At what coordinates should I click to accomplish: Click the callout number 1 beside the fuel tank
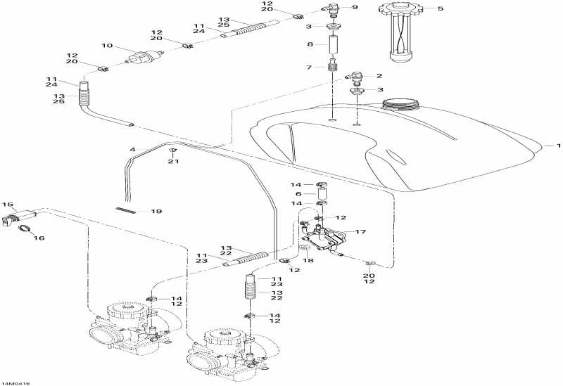click(x=558, y=146)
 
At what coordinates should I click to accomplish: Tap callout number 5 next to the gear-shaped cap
click(x=441, y=8)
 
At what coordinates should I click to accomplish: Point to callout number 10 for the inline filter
click(x=107, y=46)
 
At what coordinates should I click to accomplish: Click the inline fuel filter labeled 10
click(x=144, y=58)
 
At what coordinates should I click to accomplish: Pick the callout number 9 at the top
click(x=355, y=7)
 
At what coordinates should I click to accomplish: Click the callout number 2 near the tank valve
click(x=379, y=76)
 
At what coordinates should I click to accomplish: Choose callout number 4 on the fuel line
click(x=132, y=149)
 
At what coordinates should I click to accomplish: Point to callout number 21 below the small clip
click(x=173, y=162)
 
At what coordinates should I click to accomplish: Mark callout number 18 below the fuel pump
click(x=308, y=260)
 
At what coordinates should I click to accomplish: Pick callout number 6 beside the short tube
click(x=298, y=194)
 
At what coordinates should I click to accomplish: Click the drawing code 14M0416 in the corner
click(x=15, y=383)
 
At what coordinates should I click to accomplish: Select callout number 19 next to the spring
click(x=156, y=212)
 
